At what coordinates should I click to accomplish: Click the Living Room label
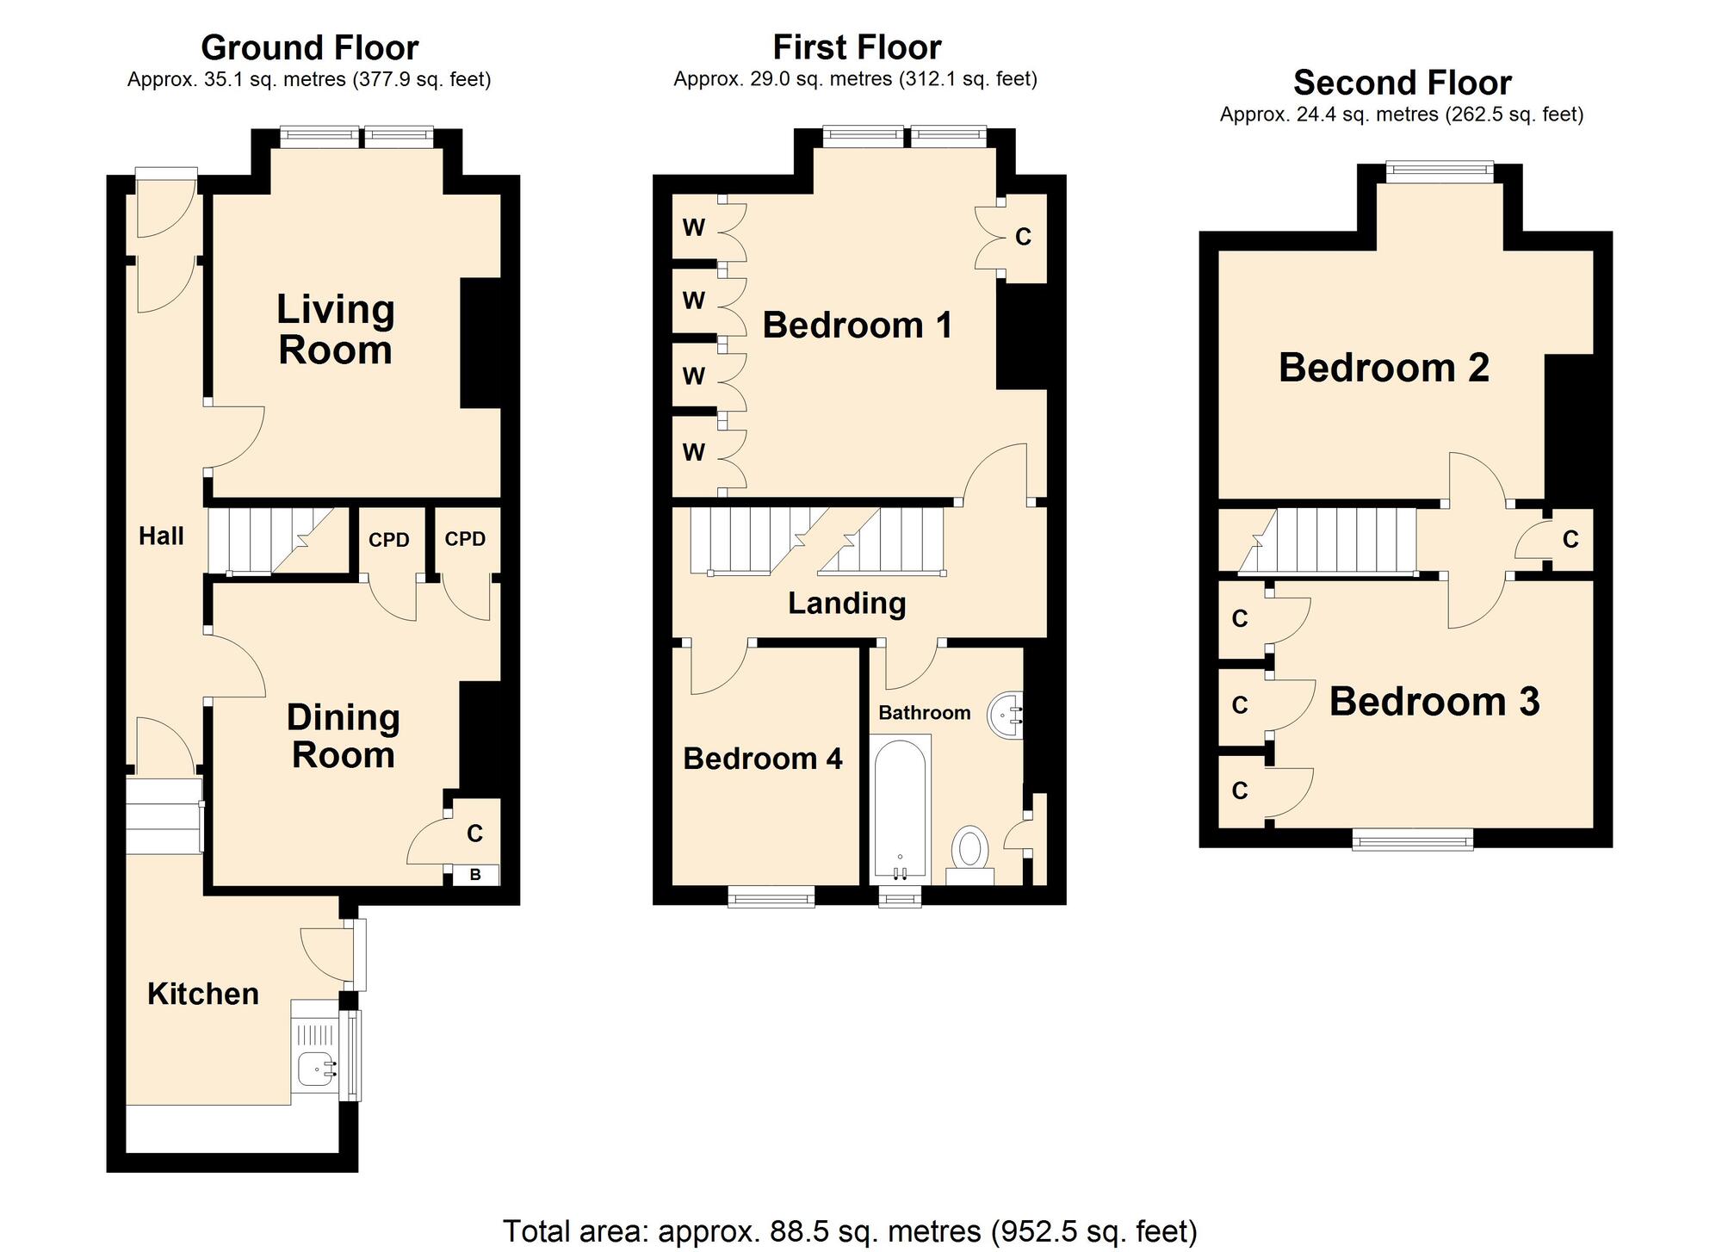335,330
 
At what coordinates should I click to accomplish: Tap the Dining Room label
343,736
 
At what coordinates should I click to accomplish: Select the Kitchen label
203,994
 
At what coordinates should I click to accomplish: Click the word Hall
161,536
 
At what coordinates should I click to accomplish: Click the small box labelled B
474,875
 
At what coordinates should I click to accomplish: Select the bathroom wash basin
1004,715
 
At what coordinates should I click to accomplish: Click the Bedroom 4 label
762,759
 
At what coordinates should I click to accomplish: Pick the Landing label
846,603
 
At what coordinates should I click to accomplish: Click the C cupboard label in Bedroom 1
1023,237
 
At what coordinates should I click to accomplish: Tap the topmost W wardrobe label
693,227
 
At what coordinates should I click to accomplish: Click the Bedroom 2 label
1384,368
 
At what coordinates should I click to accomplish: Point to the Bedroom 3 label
1434,701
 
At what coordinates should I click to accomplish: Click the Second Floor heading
1402,83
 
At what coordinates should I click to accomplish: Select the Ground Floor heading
309,47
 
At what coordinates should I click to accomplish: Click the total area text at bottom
849,1231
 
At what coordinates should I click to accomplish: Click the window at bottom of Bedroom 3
1412,838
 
